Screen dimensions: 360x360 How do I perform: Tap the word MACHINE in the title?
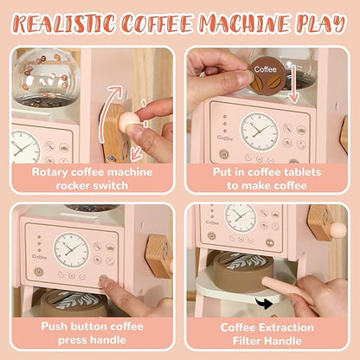(245, 22)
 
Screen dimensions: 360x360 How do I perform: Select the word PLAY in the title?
(321, 22)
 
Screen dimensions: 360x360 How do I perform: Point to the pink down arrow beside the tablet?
(293, 84)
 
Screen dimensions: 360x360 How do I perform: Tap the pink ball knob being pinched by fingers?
(127, 121)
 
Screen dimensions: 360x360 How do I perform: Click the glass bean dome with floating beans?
(47, 77)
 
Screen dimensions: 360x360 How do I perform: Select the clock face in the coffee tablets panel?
(260, 132)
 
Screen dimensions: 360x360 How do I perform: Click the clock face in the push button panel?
(71, 249)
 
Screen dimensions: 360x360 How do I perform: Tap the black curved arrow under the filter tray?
(264, 304)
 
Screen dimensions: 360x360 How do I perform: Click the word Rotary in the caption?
(49, 172)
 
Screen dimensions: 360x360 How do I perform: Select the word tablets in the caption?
(302, 172)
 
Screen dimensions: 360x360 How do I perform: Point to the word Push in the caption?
(55, 326)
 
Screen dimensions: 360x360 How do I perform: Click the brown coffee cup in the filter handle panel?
(242, 271)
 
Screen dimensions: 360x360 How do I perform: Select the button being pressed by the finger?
(103, 279)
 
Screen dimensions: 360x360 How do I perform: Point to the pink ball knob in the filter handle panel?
(337, 230)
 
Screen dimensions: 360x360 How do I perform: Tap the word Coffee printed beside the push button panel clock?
(40, 256)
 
